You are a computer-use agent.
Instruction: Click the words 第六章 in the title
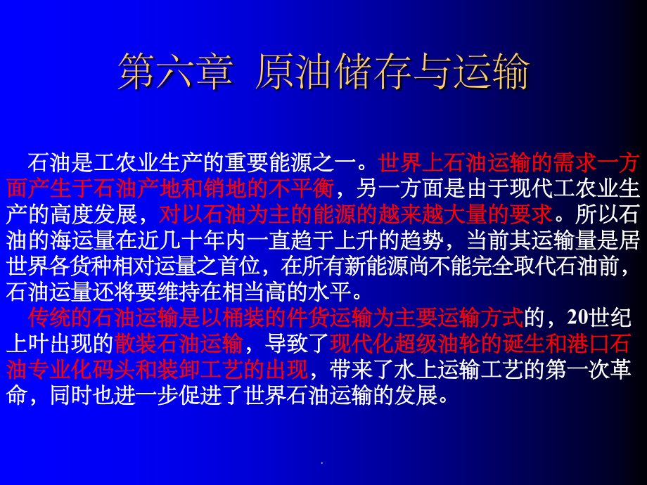[174, 73]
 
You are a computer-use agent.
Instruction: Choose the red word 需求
[571, 164]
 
